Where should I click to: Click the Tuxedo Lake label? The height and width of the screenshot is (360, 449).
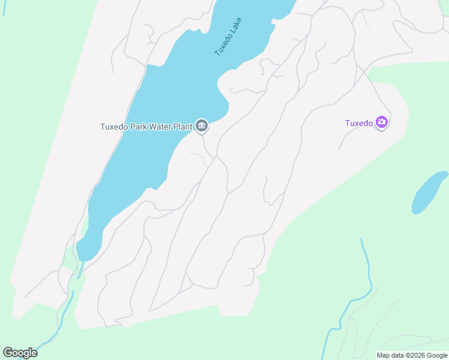click(229, 37)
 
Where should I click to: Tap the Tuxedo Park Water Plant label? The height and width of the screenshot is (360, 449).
click(146, 127)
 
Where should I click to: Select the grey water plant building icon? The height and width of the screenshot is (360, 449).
click(202, 125)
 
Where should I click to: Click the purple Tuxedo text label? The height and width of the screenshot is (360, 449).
click(359, 124)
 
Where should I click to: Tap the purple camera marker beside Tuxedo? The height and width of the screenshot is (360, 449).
click(382, 123)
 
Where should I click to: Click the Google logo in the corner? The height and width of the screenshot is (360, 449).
click(20, 353)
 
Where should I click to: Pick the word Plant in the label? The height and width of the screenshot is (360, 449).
click(183, 127)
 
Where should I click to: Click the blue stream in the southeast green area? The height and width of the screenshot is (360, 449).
click(366, 270)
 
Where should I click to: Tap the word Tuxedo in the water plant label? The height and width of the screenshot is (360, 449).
click(113, 127)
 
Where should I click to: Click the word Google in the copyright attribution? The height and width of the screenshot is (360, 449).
click(436, 356)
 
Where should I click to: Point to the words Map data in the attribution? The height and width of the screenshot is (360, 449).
click(390, 356)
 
